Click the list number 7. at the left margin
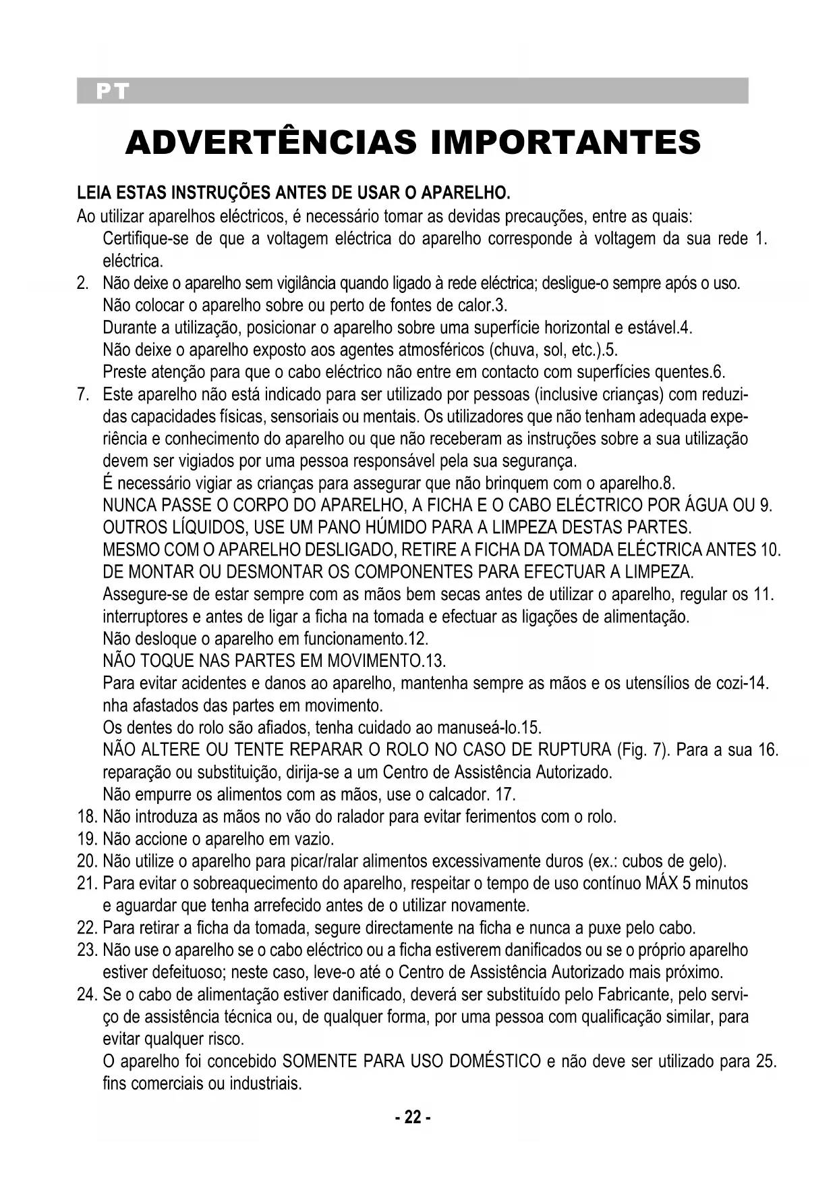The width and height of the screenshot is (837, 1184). (85, 394)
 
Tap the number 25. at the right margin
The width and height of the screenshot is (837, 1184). (766, 1062)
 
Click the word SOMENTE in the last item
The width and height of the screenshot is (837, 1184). (320, 1062)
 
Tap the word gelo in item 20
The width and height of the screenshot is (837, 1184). (706, 862)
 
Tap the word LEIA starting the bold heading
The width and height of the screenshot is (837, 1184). (94, 196)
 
